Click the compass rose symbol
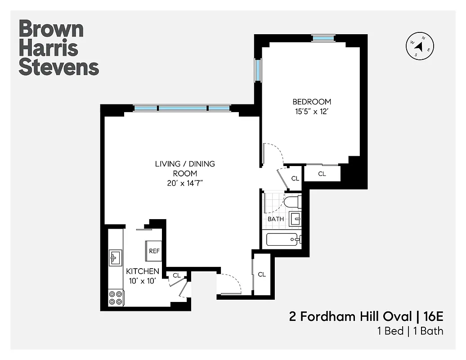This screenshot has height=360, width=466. click(420, 47)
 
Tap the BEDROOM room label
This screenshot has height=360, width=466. click(312, 102)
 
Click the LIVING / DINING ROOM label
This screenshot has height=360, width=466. click(185, 168)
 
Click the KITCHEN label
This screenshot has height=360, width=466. click(142, 271)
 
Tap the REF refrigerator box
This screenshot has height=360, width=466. click(153, 251)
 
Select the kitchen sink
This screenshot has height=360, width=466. click(115, 258)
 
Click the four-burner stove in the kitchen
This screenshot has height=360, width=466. click(116, 297)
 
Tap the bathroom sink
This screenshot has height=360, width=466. click(296, 219)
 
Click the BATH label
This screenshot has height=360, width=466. click(276, 219)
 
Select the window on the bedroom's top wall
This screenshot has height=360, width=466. click(324, 38)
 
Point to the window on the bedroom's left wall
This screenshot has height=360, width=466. click(258, 71)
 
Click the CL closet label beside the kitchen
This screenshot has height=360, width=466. click(176, 275)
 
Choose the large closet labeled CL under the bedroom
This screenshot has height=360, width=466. click(322, 174)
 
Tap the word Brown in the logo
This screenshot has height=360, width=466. click(51, 29)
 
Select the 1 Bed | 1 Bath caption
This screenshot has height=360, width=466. click(410, 331)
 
